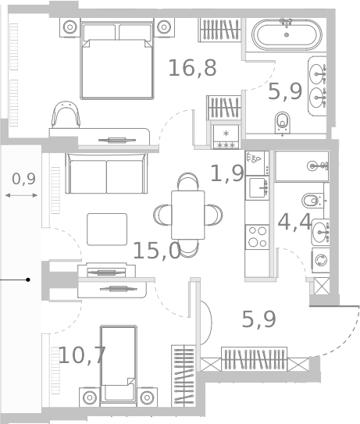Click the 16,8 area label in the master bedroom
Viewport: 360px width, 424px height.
(x=192, y=68)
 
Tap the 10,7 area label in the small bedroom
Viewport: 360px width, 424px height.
(x=82, y=355)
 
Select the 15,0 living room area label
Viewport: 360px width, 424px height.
(x=156, y=251)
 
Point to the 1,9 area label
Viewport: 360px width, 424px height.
(x=226, y=173)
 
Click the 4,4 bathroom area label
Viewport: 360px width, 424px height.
(x=294, y=222)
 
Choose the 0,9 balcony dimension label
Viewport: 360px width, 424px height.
(x=23, y=179)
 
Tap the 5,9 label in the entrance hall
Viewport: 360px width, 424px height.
(x=258, y=319)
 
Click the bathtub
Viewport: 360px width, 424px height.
(x=285, y=35)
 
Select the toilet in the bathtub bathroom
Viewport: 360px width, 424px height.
(x=283, y=121)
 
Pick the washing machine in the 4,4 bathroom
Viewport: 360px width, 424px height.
(x=320, y=259)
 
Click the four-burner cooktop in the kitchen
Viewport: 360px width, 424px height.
(x=257, y=236)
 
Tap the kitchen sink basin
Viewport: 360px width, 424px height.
(x=256, y=187)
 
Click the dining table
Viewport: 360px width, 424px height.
(x=187, y=215)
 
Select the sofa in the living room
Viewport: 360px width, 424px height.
(x=106, y=173)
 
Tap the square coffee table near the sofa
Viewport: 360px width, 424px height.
(x=106, y=229)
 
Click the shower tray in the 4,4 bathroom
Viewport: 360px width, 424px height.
(x=301, y=166)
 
